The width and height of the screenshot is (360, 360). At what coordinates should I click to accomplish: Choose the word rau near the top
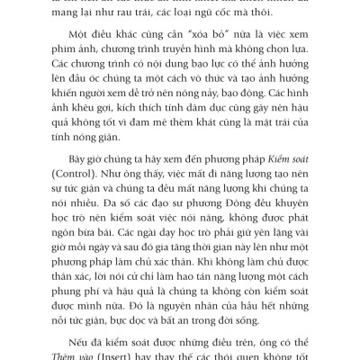pyautogui.click(x=157, y=16)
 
